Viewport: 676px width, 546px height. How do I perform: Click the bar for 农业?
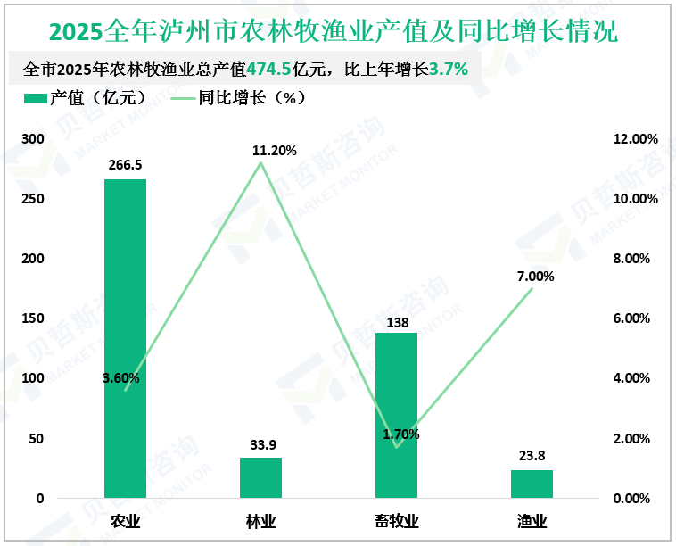[125, 339]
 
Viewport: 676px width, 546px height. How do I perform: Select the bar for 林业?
[260, 478]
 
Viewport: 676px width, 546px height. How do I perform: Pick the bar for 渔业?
[532, 484]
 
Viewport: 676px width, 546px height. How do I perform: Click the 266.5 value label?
[125, 165]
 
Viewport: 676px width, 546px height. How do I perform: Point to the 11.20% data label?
[275, 150]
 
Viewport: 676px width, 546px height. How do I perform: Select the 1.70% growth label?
[400, 434]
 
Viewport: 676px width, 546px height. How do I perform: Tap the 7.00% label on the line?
[535, 276]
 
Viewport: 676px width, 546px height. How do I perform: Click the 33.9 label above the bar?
[260, 444]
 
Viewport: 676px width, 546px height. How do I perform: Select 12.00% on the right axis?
[637, 139]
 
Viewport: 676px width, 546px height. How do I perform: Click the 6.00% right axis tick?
[637, 318]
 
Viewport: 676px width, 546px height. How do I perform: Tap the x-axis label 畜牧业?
[396, 521]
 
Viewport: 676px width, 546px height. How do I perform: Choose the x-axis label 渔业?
[532, 521]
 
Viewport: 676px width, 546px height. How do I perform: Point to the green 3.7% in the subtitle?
[449, 69]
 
